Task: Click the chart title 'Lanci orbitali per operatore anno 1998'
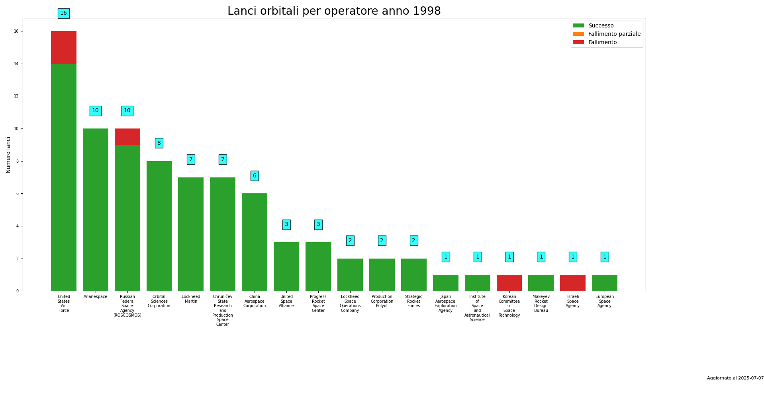click(334, 11)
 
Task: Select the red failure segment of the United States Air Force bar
click(64, 47)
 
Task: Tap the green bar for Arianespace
click(96, 210)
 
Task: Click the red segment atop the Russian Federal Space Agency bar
click(127, 136)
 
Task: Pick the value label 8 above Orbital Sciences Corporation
click(159, 143)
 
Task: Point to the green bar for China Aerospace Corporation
click(255, 242)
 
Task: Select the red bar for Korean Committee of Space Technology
click(509, 283)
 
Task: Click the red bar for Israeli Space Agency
click(573, 283)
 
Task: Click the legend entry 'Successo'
click(601, 26)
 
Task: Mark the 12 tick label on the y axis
click(17, 96)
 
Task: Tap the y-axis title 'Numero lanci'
click(8, 155)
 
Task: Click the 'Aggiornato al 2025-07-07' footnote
click(735, 378)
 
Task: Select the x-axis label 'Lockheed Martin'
click(191, 299)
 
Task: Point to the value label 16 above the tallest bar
click(64, 13)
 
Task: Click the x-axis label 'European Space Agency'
click(604, 302)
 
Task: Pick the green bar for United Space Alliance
click(286, 267)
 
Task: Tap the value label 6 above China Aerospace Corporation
click(255, 176)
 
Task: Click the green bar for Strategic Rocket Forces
click(413, 274)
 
